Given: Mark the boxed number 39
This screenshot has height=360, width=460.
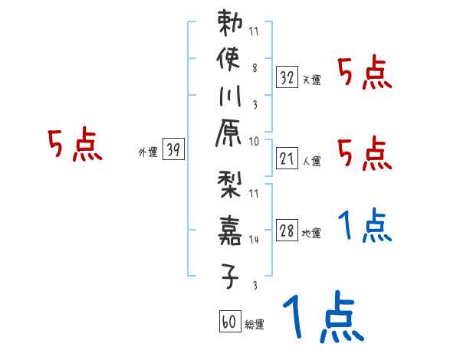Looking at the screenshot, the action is pos(173,151).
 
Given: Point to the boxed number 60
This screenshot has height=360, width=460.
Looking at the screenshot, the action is pos(229,322).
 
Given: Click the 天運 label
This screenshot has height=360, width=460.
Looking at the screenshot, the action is pos(311,80).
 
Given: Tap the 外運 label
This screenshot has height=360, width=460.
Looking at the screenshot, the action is pos(148,152).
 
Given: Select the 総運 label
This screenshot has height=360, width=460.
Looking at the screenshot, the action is pos(254,324).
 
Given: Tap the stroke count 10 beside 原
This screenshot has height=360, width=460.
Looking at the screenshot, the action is pos(254,140).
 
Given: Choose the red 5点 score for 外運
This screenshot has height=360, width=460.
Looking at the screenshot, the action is pos(75,145).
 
